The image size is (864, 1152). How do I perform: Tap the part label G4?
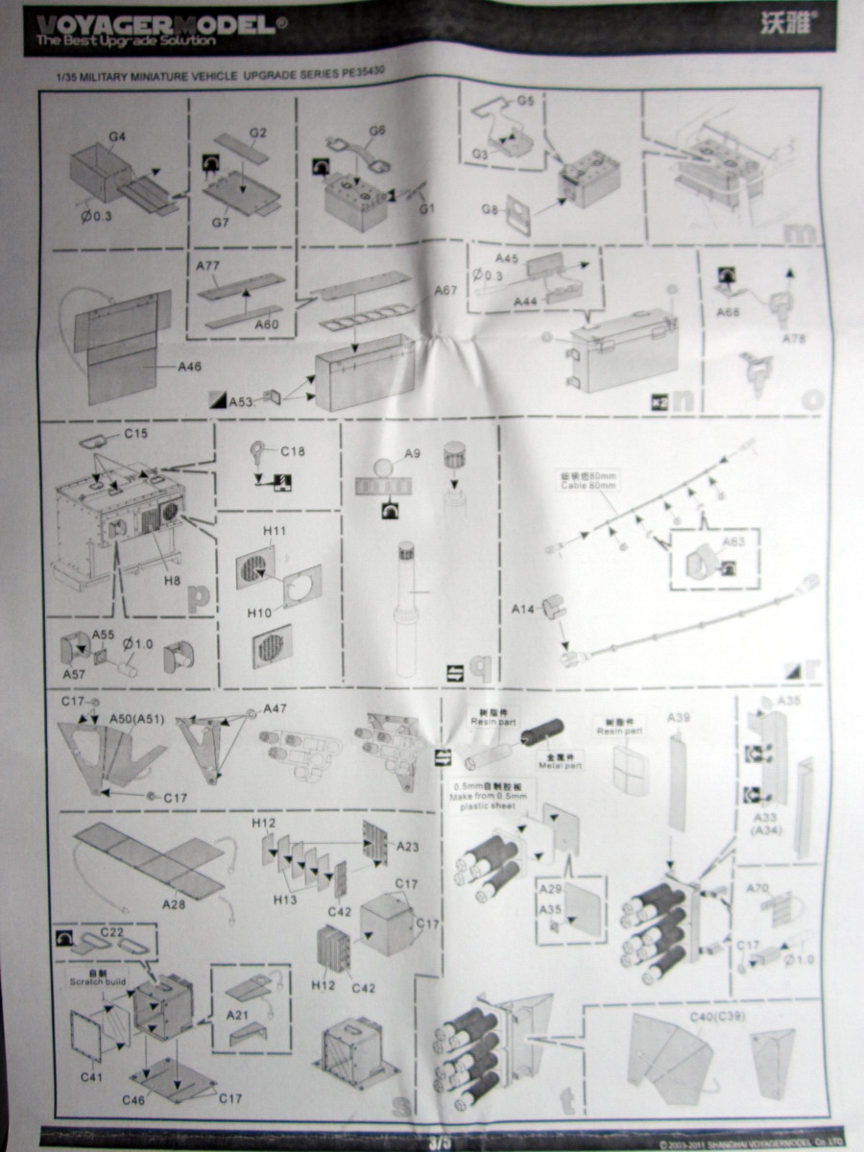[x=118, y=137]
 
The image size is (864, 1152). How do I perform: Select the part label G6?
[x=376, y=131]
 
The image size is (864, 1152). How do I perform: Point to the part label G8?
[x=490, y=209]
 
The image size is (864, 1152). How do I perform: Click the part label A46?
[x=190, y=367]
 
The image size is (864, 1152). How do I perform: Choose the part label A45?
[x=508, y=259]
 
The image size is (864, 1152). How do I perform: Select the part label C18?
[x=292, y=450]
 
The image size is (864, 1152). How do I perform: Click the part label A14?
[x=523, y=609]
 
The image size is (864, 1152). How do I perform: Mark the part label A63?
[x=733, y=541]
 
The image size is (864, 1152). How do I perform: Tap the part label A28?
[x=174, y=903]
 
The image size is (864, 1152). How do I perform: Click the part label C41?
[x=91, y=1077]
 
